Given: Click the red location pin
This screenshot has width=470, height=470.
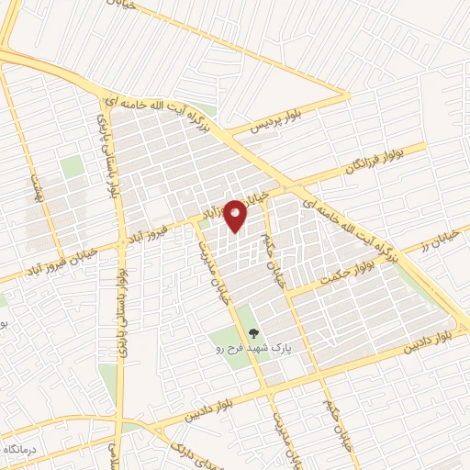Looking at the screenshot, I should [x=236, y=215].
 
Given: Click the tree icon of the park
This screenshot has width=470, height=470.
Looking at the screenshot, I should [x=254, y=334].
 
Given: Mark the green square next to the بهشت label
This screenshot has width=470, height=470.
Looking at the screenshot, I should [x=71, y=167].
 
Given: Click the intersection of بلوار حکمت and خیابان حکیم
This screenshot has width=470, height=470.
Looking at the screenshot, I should [x=287, y=293].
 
